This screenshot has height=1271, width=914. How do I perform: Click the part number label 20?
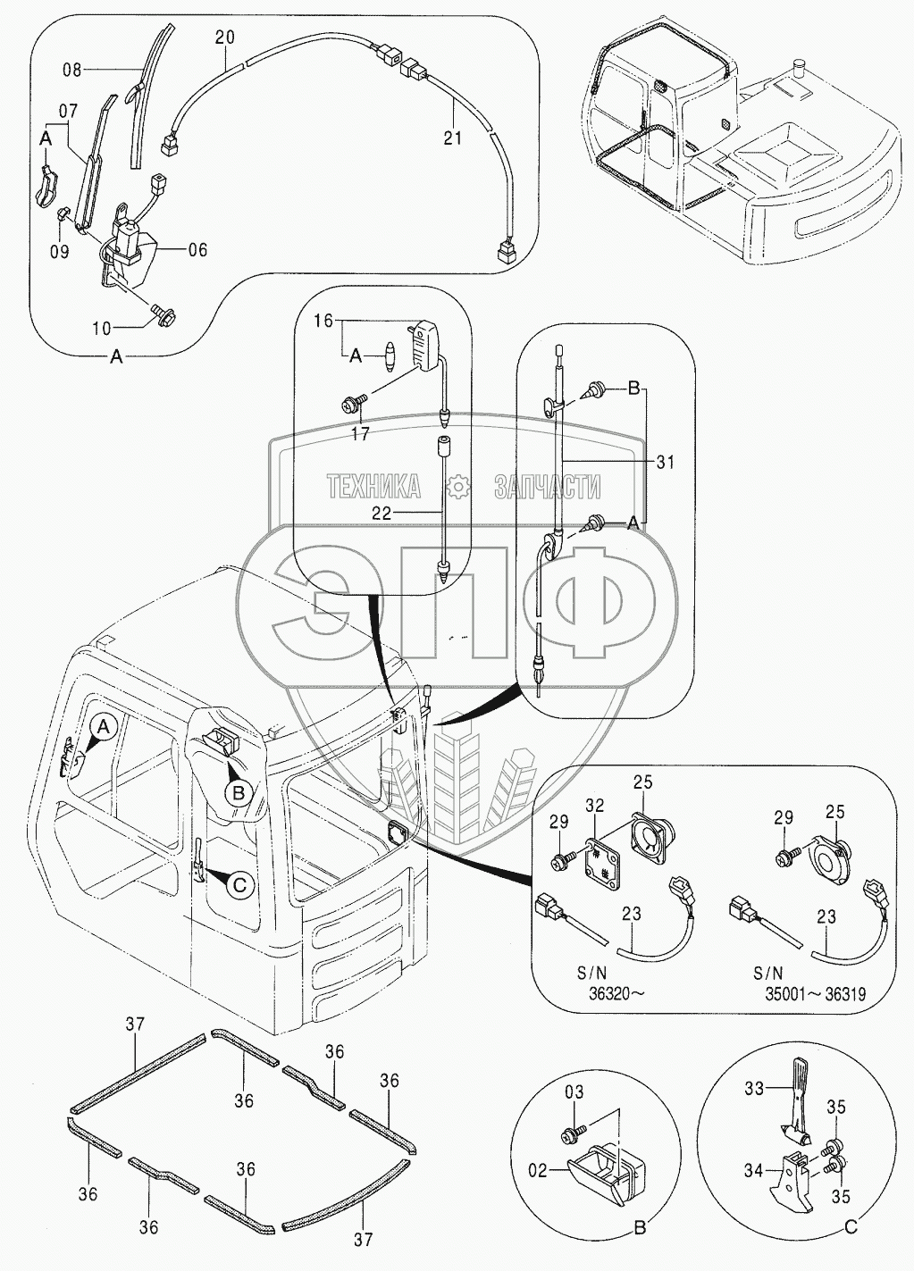point(225,38)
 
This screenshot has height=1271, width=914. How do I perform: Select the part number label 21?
point(453,138)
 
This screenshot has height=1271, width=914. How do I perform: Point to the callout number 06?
point(197,249)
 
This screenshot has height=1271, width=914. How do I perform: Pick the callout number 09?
point(59,252)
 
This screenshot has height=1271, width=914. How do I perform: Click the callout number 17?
point(359,435)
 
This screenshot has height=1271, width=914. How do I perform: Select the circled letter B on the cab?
point(238,792)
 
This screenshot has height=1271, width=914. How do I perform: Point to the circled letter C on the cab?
point(239,884)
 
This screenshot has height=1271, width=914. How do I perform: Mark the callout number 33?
point(756,1089)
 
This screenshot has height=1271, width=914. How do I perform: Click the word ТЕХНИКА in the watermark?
point(373,487)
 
